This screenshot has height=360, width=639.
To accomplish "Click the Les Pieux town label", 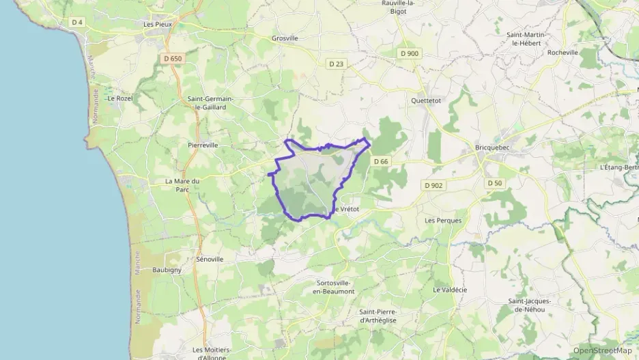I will [x=157, y=24].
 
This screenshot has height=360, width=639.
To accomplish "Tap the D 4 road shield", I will [x=77, y=22].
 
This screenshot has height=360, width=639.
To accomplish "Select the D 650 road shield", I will [x=173, y=59].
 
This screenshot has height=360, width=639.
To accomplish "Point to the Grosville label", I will [x=285, y=38].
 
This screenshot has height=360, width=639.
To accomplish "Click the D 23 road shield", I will [x=336, y=64].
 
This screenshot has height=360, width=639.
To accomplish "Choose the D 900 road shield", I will [x=410, y=53].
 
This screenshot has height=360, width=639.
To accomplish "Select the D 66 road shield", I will [x=381, y=161].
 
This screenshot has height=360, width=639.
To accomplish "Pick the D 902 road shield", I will [x=433, y=185].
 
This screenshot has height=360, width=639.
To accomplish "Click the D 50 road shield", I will [x=494, y=183].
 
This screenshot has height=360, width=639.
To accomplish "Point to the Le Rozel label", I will [x=120, y=98].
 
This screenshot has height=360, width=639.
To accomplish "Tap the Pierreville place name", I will [x=203, y=145].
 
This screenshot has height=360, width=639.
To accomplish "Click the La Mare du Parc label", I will [x=182, y=185].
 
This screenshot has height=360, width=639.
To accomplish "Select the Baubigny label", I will [x=167, y=270].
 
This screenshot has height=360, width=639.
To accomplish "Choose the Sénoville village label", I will [x=210, y=260].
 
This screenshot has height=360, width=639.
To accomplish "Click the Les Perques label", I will [x=443, y=221].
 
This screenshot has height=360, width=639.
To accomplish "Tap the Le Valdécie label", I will [x=450, y=290].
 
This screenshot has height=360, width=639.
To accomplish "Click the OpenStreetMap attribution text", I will [x=602, y=350].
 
